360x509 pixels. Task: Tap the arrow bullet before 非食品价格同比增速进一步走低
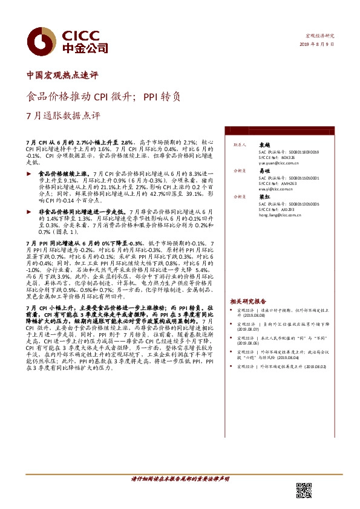(30, 212)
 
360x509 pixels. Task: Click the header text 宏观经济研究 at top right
(319, 36)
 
